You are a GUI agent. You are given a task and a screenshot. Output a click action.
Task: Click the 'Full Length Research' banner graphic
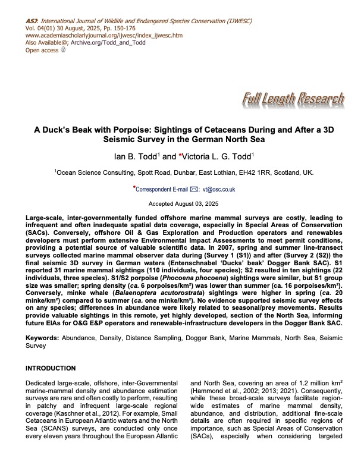click(293, 99)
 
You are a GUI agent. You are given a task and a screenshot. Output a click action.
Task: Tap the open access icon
click(64, 51)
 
